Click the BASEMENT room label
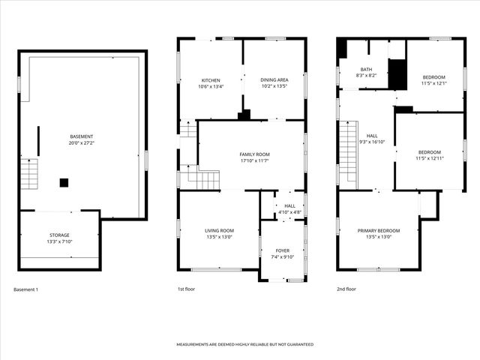(82, 136)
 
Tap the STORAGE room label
(59, 235)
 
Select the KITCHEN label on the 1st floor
(210, 80)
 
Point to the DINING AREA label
(274, 80)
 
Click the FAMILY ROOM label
(254, 154)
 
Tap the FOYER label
(282, 250)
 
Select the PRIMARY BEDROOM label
(378, 230)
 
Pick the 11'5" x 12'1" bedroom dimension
(433, 83)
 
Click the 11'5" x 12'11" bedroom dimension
(430, 158)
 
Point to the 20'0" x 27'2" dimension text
(82, 142)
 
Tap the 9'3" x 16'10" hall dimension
(373, 141)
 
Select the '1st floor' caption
(186, 289)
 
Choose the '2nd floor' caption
(346, 289)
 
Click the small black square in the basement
(64, 181)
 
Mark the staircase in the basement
(28, 174)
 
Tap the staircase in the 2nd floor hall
(346, 154)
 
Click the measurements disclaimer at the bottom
(244, 344)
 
